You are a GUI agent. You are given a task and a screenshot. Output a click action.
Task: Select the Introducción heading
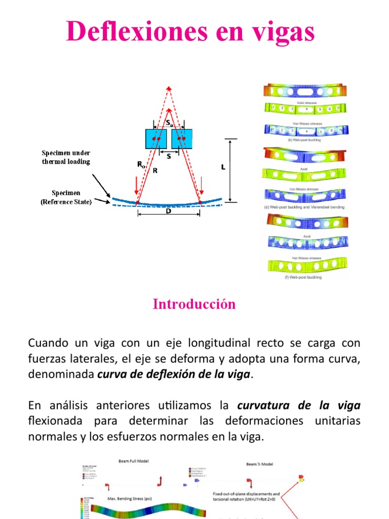pyautogui.click(x=194, y=304)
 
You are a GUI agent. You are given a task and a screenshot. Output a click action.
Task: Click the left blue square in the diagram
pyautogui.click(x=155, y=138)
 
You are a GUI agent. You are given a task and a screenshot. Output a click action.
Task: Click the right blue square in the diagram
pyautogui.click(x=181, y=138)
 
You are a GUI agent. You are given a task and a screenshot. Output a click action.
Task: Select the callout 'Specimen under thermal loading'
pyautogui.click(x=66, y=157)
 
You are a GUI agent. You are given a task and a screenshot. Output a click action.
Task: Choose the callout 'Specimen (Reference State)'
pyautogui.click(x=66, y=197)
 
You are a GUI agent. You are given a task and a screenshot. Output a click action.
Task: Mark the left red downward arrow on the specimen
pyautogui.click(x=136, y=193)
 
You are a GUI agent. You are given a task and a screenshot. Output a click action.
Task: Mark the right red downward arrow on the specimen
pyautogui.click(x=202, y=193)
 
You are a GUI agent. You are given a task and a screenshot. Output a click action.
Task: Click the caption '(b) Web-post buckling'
pyautogui.click(x=304, y=139)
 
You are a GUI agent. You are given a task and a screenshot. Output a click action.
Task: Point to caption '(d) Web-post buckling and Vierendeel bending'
pyautogui.click(x=304, y=207)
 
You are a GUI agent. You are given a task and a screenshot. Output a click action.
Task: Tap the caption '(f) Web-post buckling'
pyautogui.click(x=304, y=277)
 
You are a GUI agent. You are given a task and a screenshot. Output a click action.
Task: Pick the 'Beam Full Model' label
pyautogui.click(x=134, y=462)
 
